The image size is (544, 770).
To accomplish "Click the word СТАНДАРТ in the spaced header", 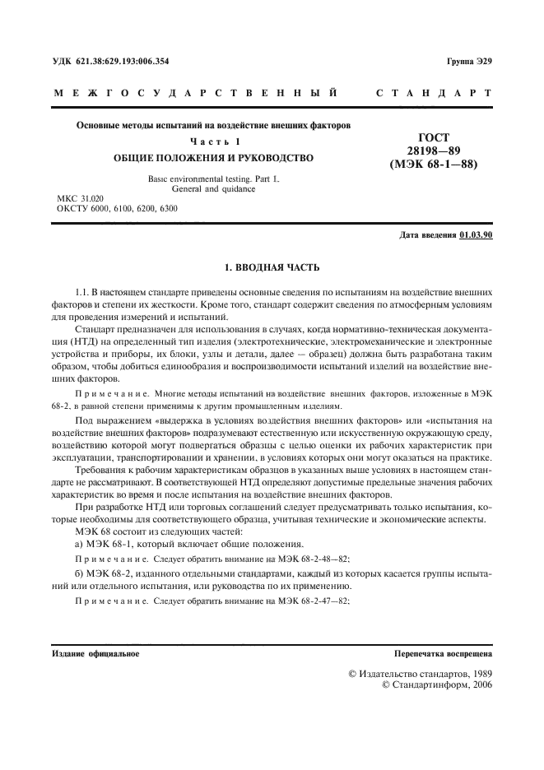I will pyautogui.click(x=435, y=94).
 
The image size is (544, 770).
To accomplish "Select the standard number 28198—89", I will pyautogui.click(x=435, y=151).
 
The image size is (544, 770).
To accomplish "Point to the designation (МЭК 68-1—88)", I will pyautogui.click(x=435, y=164).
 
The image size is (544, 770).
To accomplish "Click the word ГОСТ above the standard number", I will pyautogui.click(x=435, y=137).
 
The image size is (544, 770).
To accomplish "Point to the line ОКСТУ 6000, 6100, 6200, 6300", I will pyautogui.click(x=116, y=209).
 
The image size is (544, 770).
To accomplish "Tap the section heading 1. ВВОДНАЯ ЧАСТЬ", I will pyautogui.click(x=272, y=268).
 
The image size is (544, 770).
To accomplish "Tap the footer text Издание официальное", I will pyautogui.click(x=95, y=654).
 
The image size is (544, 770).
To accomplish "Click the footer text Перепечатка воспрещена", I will pyautogui.click(x=443, y=654).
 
